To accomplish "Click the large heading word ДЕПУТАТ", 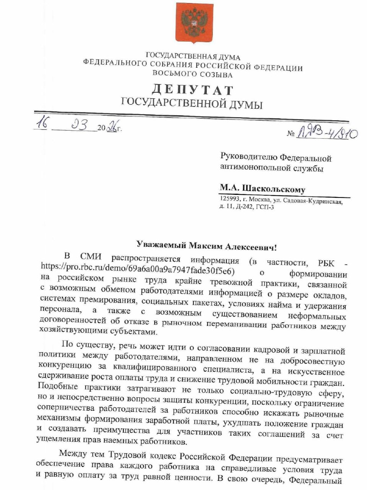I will (192, 90).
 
